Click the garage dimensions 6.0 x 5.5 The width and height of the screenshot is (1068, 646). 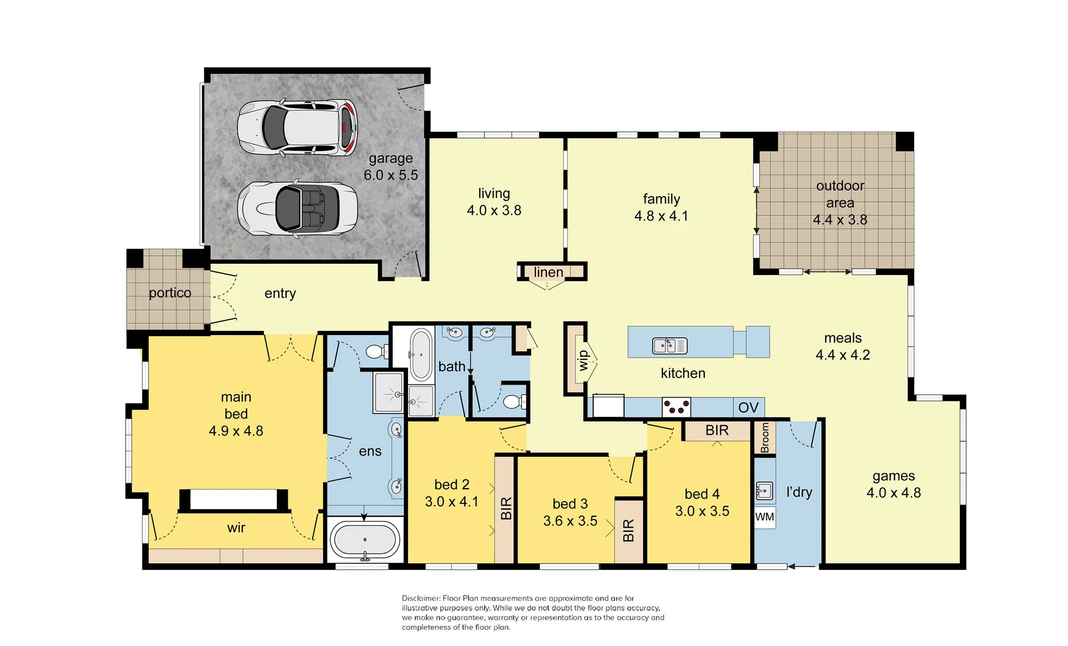tap(391, 175)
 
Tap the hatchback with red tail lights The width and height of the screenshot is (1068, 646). tap(297, 128)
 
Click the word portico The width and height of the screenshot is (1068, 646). tap(170, 292)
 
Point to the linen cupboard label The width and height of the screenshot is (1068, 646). tap(548, 272)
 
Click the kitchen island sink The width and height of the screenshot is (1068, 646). tap(670, 346)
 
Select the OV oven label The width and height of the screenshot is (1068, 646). tap(748, 407)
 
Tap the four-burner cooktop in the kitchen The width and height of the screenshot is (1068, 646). tap(676, 407)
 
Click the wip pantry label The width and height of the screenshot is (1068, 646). tap(583, 359)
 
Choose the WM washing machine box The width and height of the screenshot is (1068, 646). tap(765, 517)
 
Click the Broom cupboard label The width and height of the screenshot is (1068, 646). tap(765, 437)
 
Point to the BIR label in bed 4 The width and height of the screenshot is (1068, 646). tap(717, 430)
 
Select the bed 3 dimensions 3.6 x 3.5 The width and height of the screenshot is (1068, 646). tap(570, 521)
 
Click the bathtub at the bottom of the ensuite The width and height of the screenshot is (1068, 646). tap(365, 540)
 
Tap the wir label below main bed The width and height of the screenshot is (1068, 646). tap(236, 528)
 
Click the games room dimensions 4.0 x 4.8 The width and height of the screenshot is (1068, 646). tap(893, 493)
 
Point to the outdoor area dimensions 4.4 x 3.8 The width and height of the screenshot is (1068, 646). tap(839, 220)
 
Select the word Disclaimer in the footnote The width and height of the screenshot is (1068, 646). tap(421, 598)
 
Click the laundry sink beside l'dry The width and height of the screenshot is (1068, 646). tap(764, 491)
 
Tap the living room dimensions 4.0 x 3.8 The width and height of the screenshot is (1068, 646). tap(494, 211)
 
